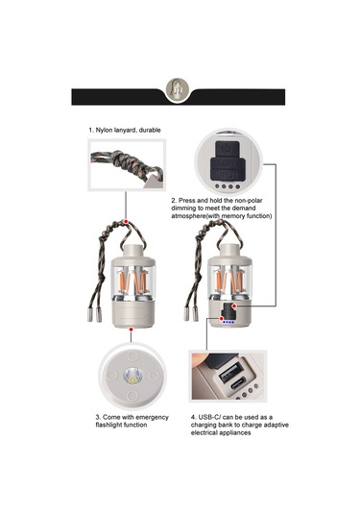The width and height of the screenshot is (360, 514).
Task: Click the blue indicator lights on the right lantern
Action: tap(227, 323)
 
